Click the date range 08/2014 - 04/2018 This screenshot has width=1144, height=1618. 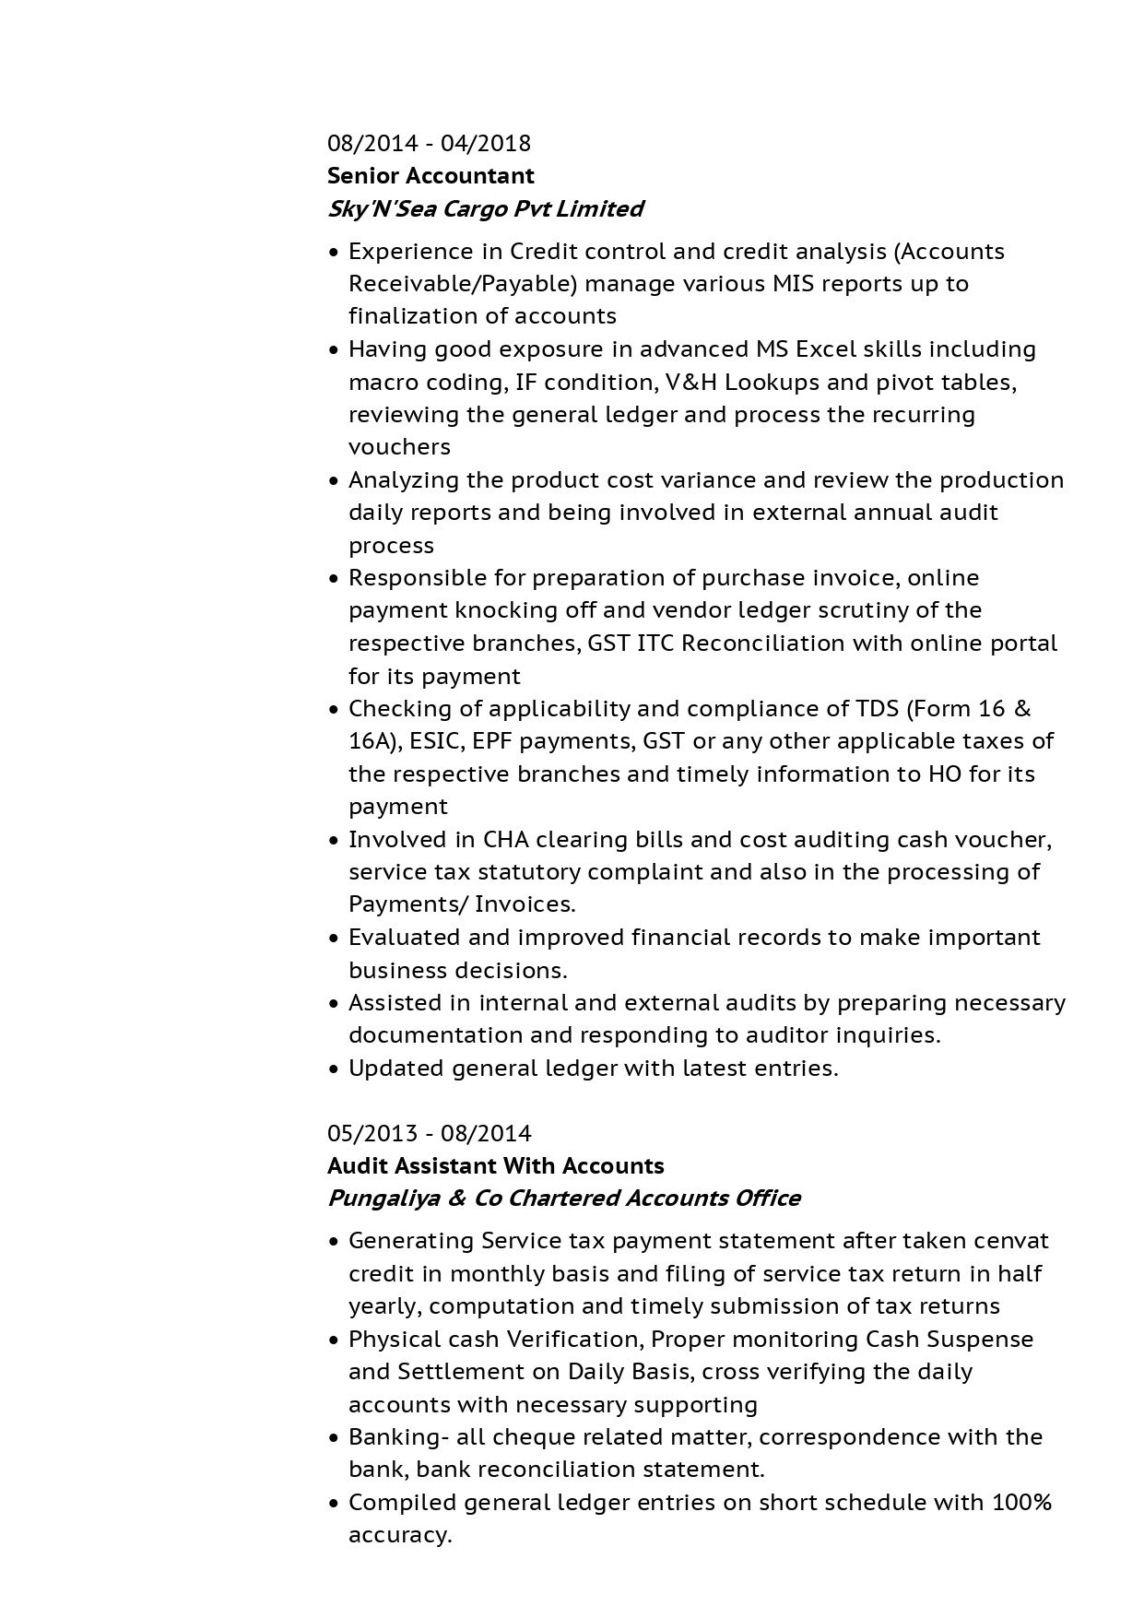(x=429, y=144)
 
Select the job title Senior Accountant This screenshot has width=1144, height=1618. (x=430, y=176)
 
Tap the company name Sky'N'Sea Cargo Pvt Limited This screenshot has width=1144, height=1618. (x=485, y=209)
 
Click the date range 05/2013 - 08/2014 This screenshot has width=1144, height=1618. (x=429, y=1134)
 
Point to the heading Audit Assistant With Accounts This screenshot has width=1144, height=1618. (x=495, y=1166)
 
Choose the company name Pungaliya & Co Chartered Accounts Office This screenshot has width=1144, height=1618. (x=563, y=1199)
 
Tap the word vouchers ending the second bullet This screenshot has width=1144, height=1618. (x=399, y=447)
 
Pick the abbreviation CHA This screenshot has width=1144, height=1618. (x=504, y=840)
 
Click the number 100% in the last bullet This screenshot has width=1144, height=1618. (x=1021, y=1503)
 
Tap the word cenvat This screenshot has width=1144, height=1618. (x=1010, y=1241)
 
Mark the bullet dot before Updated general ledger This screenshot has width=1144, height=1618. (x=335, y=1069)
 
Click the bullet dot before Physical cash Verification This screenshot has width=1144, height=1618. (x=335, y=1340)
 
